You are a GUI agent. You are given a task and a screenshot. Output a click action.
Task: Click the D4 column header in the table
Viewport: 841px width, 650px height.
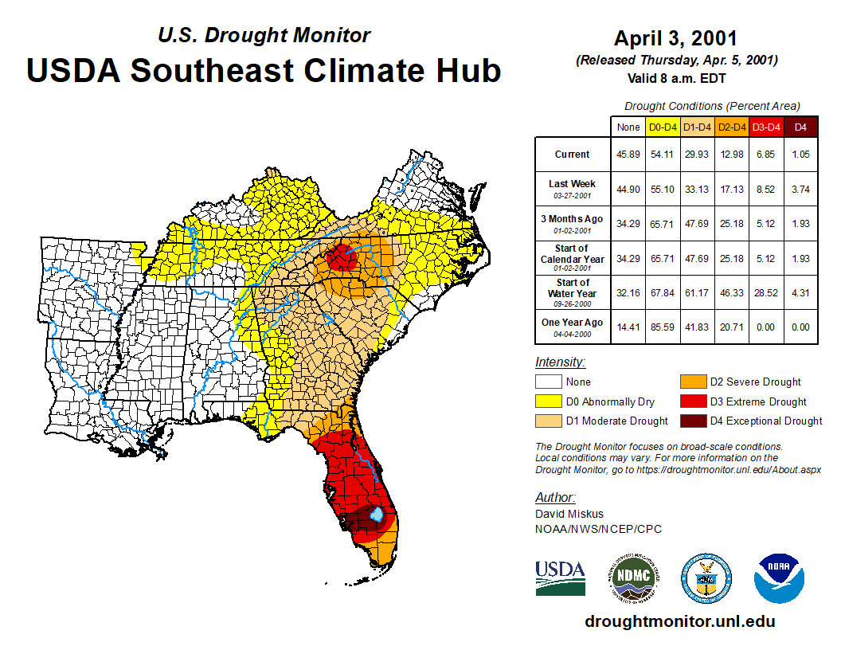800,127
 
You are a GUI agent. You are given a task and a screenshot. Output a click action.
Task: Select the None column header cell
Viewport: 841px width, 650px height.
628,127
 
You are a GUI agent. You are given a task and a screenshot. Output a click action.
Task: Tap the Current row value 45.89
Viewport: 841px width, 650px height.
628,155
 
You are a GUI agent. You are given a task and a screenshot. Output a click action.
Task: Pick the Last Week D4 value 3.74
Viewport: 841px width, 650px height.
800,189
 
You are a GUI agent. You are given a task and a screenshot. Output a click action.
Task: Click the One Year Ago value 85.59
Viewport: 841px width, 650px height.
663,327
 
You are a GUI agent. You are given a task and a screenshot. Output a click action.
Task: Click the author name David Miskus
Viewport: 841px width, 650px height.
569,514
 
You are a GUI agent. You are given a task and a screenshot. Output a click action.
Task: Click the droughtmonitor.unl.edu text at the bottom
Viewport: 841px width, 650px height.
679,621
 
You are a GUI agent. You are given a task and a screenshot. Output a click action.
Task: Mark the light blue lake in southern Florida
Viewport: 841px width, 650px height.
377,515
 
